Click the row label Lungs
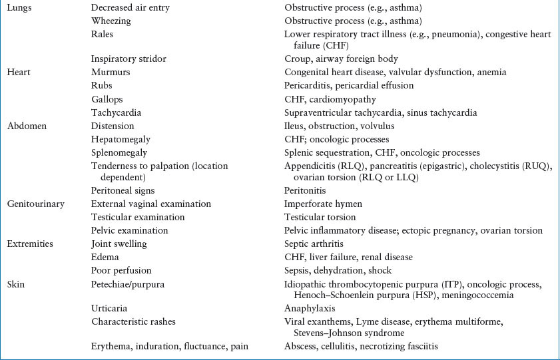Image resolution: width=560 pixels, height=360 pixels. tap(20, 7)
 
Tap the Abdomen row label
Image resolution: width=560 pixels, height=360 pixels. tap(25, 126)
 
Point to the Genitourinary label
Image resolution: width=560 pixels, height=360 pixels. tap(35, 204)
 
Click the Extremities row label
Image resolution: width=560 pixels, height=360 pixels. tap(31, 244)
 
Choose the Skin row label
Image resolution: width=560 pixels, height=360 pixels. tap(16, 284)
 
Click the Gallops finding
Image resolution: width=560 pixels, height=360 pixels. tap(107, 99)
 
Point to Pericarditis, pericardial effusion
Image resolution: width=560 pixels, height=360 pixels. tap(349, 85)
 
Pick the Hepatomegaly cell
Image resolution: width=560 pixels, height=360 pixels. tap(121, 139)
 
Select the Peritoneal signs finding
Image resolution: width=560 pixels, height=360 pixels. tap(122, 190)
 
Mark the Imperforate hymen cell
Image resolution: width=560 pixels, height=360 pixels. tap(322, 204)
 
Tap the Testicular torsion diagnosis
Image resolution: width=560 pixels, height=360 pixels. tap(320, 217)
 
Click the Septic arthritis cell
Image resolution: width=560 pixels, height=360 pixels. tap(316, 244)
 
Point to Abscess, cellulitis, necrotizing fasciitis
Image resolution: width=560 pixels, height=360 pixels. tap(361, 346)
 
